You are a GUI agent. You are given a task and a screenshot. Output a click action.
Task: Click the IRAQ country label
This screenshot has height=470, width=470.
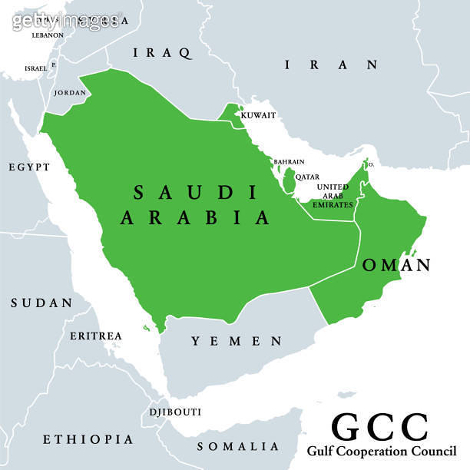click(161, 53)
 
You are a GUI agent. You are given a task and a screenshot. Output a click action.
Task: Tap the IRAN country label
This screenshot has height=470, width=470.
click(331, 65)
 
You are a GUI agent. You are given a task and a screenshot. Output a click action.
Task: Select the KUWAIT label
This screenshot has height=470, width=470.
click(258, 115)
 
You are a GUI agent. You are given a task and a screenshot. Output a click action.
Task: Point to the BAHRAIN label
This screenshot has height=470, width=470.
click(290, 162)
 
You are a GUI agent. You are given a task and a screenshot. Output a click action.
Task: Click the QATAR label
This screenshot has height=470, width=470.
click(307, 177)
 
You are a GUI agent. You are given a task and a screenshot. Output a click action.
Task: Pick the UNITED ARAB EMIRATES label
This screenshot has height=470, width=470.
click(333, 196)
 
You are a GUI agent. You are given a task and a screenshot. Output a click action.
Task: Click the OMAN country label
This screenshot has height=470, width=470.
click(396, 266)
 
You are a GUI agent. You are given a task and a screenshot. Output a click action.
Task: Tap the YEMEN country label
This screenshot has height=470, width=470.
click(237, 341)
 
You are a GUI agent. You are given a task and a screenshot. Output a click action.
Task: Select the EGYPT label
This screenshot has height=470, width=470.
click(29, 167)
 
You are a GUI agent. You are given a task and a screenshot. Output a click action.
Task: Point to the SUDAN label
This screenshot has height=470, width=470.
click(41, 303)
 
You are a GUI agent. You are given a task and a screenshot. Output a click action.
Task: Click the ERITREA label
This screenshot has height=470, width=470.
click(96, 336)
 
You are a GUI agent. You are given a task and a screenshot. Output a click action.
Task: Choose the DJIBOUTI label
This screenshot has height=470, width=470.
click(175, 412)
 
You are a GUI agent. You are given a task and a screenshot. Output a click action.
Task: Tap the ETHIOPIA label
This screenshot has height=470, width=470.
click(88, 439)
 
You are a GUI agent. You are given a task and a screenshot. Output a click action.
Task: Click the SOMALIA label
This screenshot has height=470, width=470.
click(238, 446)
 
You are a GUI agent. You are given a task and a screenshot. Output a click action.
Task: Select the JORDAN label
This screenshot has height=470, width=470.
click(70, 93)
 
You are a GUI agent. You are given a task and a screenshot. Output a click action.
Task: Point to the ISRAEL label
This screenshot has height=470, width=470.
click(35, 68)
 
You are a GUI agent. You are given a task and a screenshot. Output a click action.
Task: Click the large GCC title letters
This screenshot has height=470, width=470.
click(379, 427)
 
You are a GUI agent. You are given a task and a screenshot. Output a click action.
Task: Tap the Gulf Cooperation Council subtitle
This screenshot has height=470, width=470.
click(382, 451)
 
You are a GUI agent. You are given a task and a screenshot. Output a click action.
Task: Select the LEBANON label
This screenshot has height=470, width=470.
click(48, 35)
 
